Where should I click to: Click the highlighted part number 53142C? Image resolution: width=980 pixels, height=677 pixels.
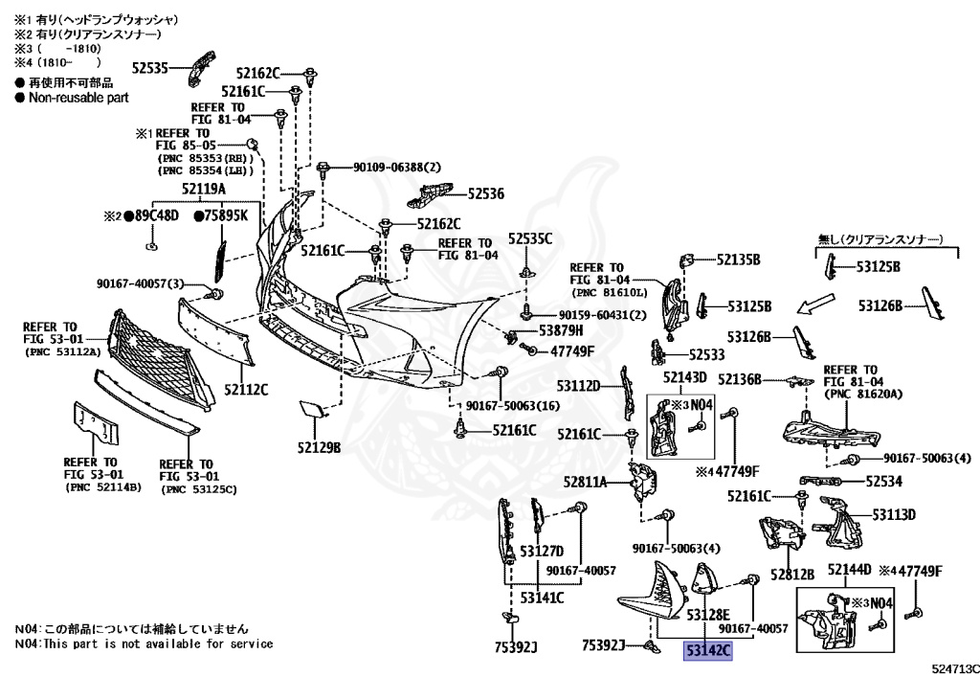[708, 651]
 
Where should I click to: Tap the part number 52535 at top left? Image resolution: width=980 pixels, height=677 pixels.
[150, 68]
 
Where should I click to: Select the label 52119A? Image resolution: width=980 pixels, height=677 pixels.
[204, 189]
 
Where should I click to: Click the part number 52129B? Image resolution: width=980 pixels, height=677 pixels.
[320, 447]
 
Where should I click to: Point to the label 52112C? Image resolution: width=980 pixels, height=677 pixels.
[246, 390]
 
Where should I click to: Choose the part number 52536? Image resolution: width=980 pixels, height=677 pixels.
[485, 193]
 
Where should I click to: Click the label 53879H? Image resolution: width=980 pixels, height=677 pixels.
[561, 329]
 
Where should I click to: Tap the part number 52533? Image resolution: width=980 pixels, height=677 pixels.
[707, 354]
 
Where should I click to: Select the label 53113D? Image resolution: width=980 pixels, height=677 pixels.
[894, 514]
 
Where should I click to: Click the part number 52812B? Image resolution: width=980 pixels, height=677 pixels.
[792, 574]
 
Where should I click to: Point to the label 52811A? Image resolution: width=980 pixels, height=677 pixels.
[585, 482]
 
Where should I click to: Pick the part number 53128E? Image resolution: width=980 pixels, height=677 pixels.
[708, 615]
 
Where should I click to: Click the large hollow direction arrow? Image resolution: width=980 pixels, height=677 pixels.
[815, 304]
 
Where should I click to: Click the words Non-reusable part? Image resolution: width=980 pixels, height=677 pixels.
[78, 98]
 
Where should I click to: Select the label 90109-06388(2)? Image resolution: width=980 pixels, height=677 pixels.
[397, 168]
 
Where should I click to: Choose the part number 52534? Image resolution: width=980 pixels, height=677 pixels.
[883, 481]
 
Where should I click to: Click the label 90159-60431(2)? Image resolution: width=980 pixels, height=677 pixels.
[603, 315]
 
